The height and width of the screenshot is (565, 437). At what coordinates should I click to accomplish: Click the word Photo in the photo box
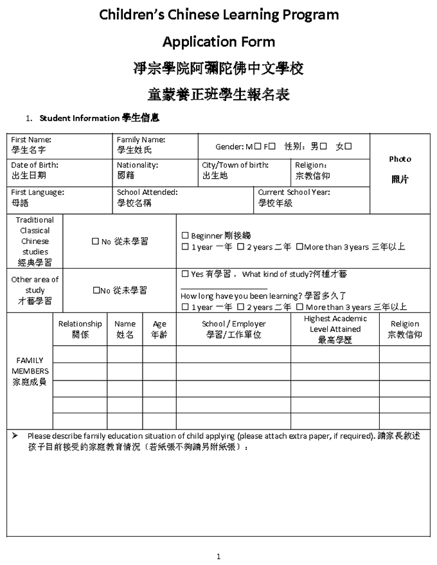coord(400,159)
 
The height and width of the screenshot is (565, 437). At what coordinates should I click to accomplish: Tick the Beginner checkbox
coord(185,236)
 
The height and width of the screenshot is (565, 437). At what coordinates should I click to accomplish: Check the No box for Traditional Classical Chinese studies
coord(95,242)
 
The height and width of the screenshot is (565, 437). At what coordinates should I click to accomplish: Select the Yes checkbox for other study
coord(185,274)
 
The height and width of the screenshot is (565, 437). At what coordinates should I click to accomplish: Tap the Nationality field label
coord(138,165)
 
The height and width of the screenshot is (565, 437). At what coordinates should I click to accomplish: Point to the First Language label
coord(38,192)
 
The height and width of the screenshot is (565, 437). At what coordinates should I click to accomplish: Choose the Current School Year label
coord(294,192)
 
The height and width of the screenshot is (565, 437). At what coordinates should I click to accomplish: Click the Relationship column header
coord(80,324)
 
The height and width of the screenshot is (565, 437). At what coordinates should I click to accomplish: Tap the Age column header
coord(159,324)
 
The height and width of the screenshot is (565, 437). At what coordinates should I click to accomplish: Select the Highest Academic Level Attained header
coord(335,324)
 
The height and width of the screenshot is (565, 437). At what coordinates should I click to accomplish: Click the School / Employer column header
coord(233,324)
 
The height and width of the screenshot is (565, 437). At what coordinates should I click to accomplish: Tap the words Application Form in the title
coord(219,42)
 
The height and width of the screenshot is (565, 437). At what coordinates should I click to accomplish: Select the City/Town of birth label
coord(235,165)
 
